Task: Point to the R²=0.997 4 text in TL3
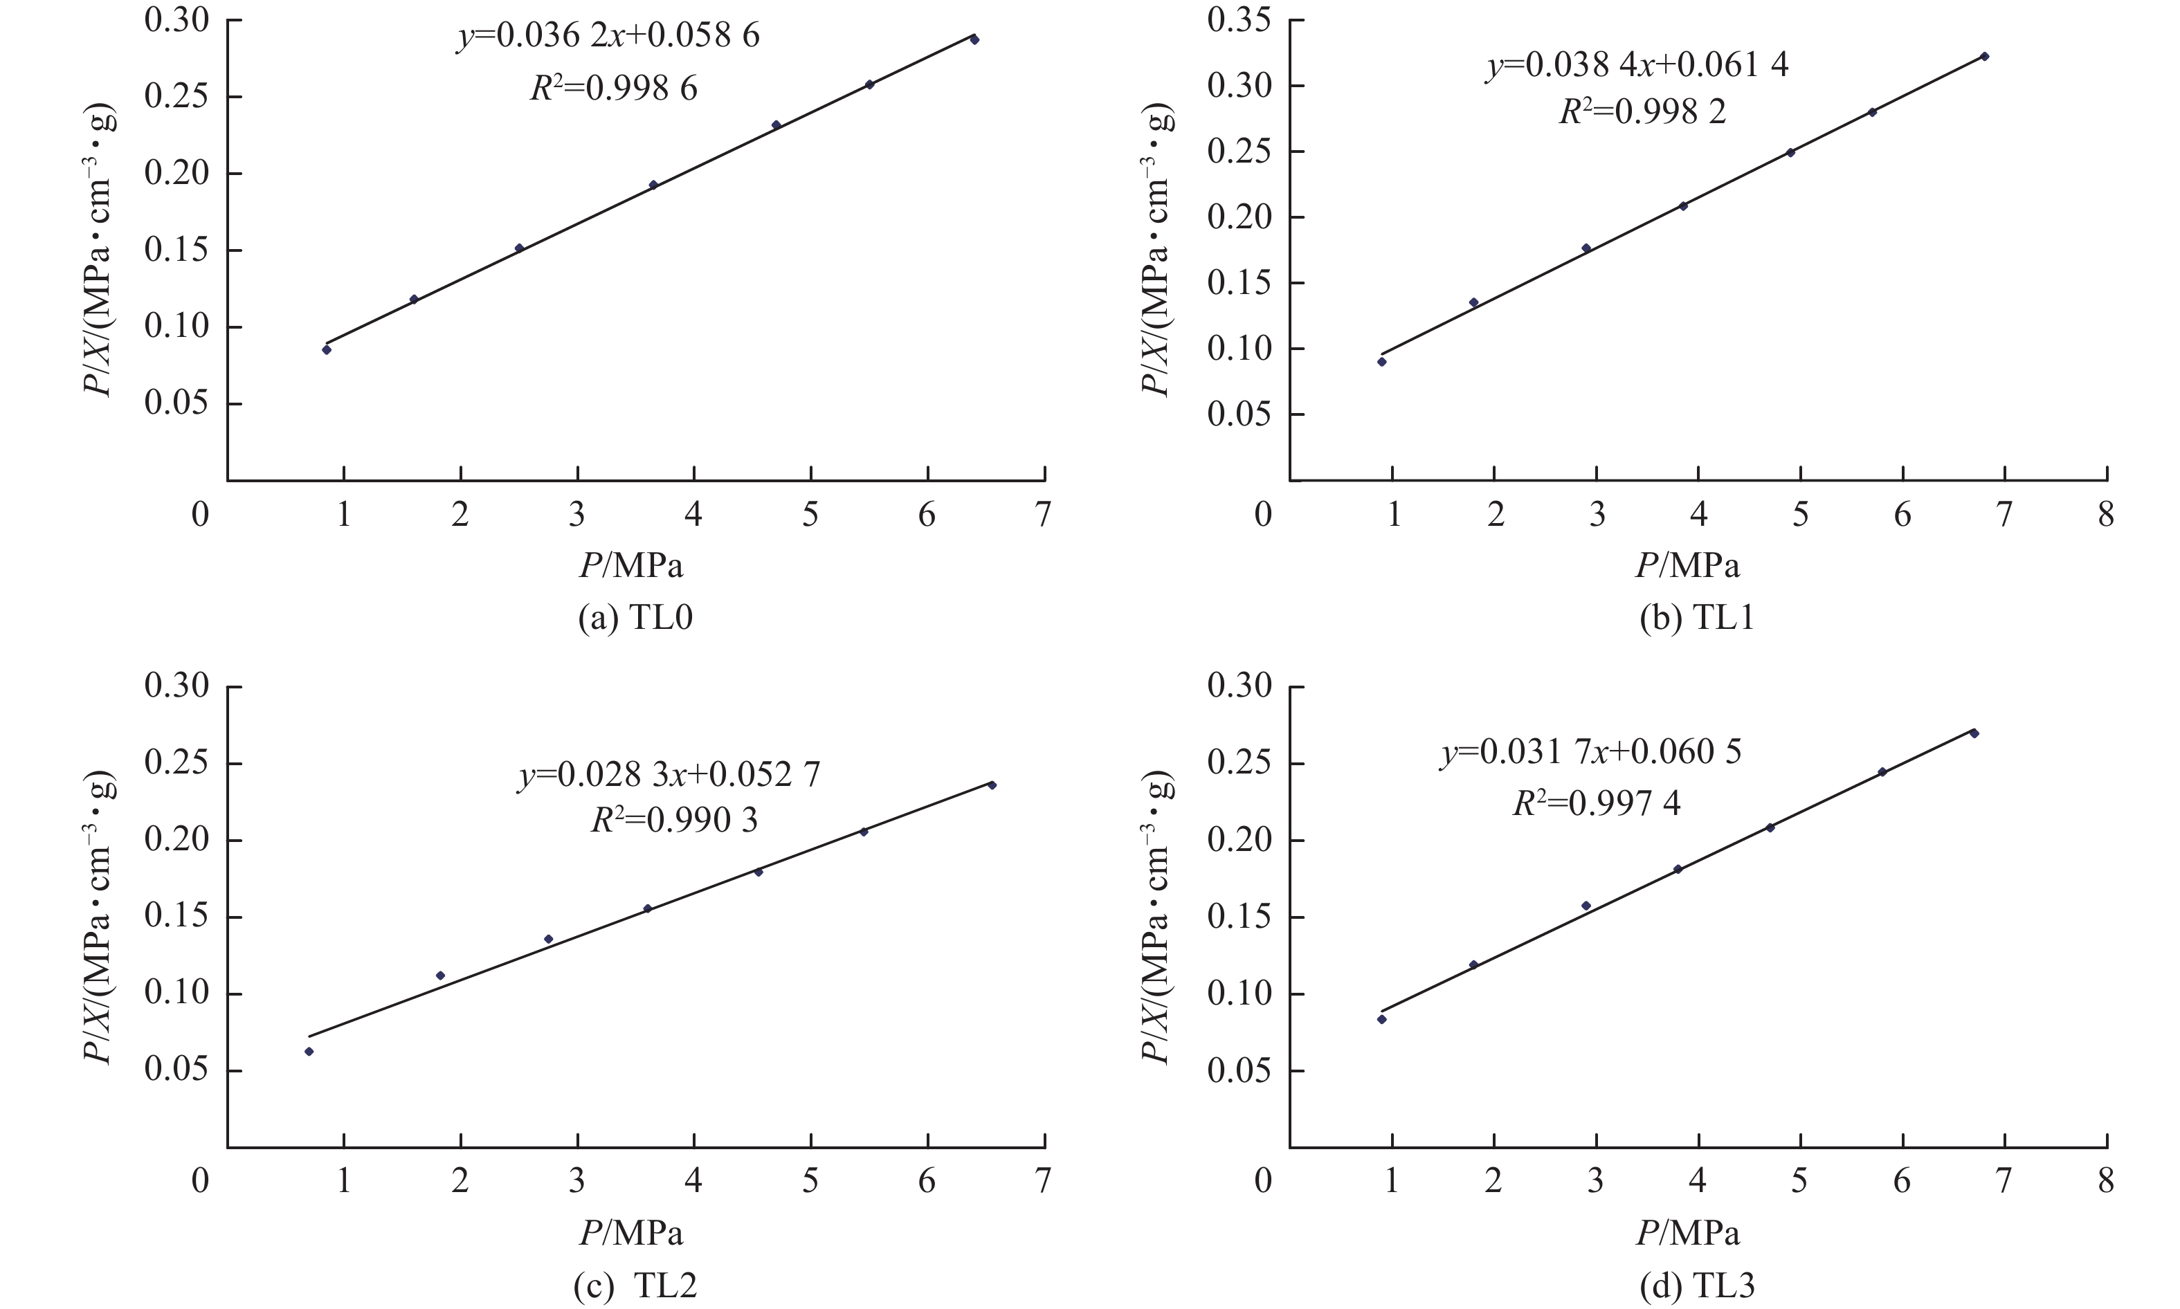[x=1596, y=803]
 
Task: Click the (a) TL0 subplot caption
[x=635, y=617]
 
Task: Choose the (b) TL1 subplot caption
[x=1696, y=617]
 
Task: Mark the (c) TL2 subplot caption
[x=635, y=1286]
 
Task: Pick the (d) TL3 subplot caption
[x=1696, y=1286]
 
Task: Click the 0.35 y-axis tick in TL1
[x=1239, y=20]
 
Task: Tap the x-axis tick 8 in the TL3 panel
[x=2106, y=1180]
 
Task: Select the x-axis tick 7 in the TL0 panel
[x=1044, y=513]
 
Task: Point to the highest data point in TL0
[x=974, y=39]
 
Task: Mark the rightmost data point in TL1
[x=1984, y=57]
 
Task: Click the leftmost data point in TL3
[x=1381, y=1020]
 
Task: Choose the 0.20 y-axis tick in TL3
[x=1239, y=841]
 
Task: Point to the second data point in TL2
[x=440, y=976]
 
